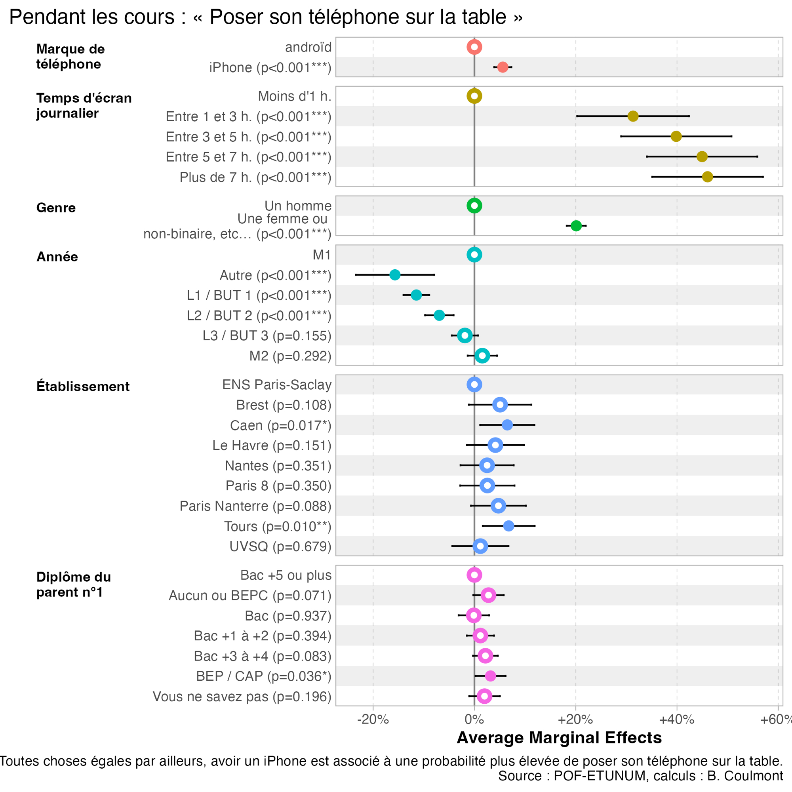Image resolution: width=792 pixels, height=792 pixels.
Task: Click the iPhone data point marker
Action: point(503,67)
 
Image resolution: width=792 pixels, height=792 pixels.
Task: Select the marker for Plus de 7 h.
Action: point(707,177)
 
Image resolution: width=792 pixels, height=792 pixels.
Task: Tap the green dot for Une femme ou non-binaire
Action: point(576,225)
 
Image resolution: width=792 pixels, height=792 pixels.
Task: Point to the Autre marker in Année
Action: point(395,275)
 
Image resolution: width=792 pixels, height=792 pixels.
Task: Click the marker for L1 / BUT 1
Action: point(416,295)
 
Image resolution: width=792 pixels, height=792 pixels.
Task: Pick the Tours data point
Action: point(508,526)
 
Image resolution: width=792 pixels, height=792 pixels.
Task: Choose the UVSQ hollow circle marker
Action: point(480,546)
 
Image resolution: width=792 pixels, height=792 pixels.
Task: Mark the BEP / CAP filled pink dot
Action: point(490,676)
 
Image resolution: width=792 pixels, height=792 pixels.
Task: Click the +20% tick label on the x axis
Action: point(575,720)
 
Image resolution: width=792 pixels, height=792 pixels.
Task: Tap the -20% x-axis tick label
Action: point(373,720)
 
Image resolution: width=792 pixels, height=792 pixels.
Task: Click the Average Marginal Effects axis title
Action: point(559,738)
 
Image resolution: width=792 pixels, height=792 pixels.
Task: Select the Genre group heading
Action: point(56,208)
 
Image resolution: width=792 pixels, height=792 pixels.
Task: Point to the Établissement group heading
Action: point(83,386)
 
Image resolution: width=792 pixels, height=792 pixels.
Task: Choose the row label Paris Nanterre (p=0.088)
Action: point(255,506)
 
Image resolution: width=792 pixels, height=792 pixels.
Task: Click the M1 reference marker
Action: point(474,255)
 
